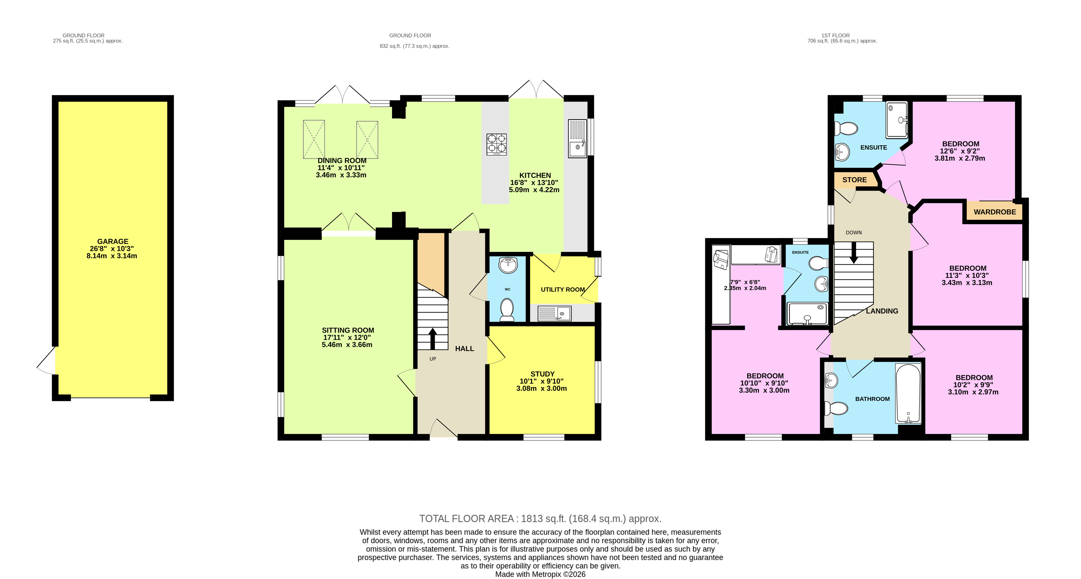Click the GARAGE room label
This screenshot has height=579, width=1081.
click(x=113, y=241)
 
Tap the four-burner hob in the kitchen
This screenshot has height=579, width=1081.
click(x=497, y=144)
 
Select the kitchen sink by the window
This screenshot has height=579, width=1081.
click(x=577, y=138)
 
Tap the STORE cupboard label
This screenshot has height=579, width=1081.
click(x=854, y=180)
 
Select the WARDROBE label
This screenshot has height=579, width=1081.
click(x=995, y=212)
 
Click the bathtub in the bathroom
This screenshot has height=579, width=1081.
click(x=908, y=393)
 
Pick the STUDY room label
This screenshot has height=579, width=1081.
click(x=542, y=374)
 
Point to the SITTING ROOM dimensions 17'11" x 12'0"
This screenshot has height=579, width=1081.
click(x=347, y=338)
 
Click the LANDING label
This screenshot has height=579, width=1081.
click(x=882, y=311)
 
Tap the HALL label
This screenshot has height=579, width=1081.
click(x=464, y=348)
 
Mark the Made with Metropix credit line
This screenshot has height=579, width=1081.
click(x=540, y=574)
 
